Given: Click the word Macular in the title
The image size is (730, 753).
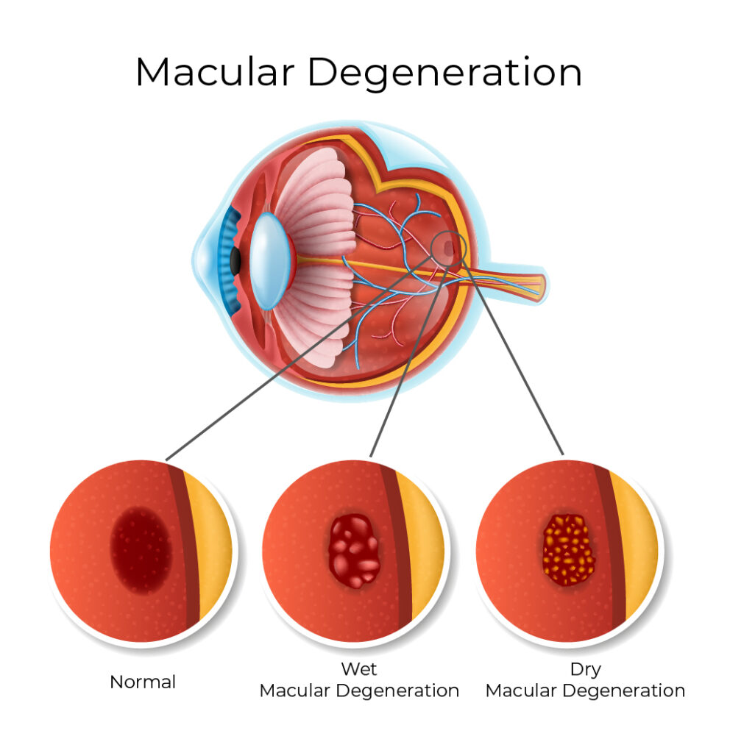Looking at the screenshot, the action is (215, 72).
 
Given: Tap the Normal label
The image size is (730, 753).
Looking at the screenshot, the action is (143, 682).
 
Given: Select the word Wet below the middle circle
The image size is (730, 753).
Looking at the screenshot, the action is (358, 668).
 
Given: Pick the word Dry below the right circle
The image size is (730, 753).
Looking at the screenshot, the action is (585, 670).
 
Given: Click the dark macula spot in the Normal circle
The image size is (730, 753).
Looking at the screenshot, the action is (141, 550).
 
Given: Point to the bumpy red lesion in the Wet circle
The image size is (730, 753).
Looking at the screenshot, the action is (354, 551).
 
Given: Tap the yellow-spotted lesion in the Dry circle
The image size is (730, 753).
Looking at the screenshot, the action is (568, 550).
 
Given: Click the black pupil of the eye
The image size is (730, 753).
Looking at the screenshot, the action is (235, 261).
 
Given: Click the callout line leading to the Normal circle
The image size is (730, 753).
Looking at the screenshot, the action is (298, 358).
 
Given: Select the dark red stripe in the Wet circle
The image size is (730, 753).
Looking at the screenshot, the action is (397, 547).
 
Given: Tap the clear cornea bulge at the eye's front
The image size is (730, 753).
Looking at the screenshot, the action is (205, 261).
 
